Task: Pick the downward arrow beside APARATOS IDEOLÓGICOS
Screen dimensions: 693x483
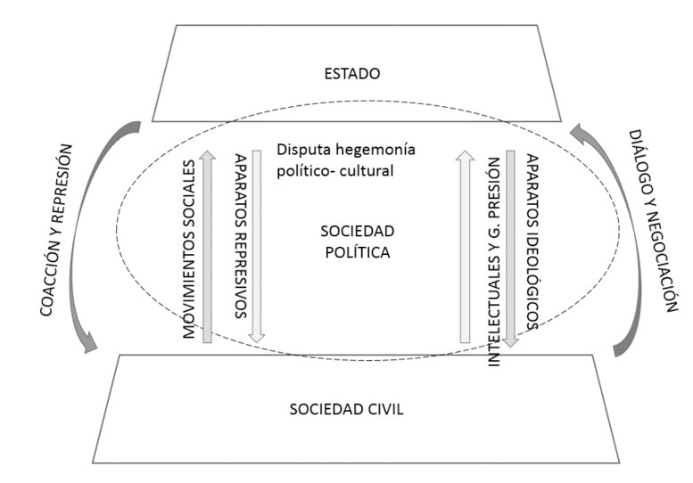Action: [x=512, y=248]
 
